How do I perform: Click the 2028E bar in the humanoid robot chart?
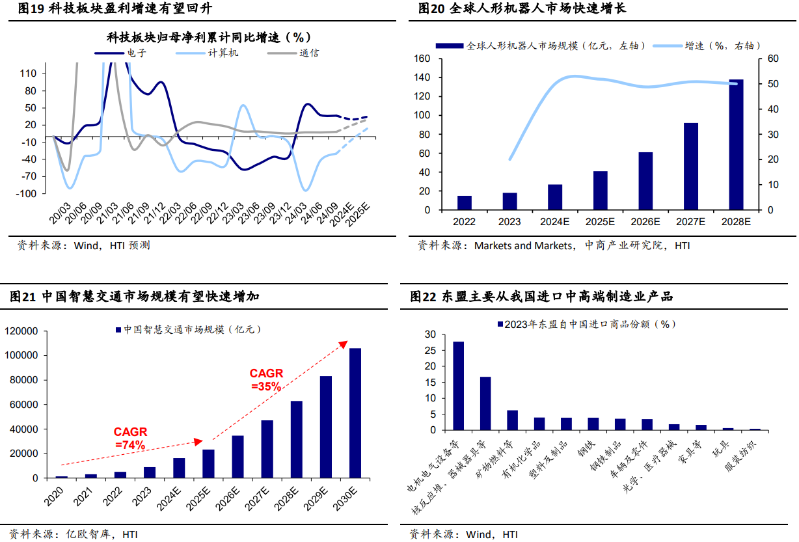(x=736, y=144)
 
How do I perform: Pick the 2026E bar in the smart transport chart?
(x=237, y=456)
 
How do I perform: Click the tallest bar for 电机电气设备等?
(x=458, y=385)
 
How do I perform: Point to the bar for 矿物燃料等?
(x=512, y=420)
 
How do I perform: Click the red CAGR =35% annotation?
(x=266, y=379)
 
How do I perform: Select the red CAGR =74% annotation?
(x=130, y=438)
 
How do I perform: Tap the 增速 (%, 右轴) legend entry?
(x=722, y=46)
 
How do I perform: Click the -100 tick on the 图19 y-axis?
(x=28, y=194)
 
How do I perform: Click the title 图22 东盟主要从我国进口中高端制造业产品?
(x=541, y=297)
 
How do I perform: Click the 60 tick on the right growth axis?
(x=772, y=59)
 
